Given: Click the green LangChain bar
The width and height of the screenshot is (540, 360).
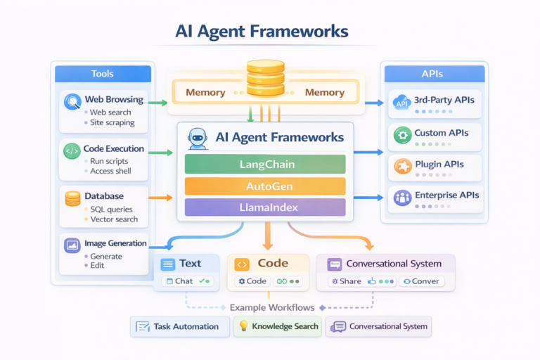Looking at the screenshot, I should point(265,164).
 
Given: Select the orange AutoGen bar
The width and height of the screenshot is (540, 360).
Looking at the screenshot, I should point(265,186).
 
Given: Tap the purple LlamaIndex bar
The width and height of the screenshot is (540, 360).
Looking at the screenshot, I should point(265,207).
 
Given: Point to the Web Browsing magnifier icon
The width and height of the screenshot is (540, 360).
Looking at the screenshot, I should point(72,102).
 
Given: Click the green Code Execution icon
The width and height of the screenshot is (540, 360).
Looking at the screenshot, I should point(72,150).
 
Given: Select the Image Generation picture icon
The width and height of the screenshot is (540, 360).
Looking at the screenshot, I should point(72,245).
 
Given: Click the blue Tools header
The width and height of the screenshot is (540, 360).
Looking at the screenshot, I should point(103,74).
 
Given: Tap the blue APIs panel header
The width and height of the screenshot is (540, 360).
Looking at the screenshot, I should point(432,74).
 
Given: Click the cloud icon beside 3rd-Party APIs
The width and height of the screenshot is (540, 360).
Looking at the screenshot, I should point(402,102).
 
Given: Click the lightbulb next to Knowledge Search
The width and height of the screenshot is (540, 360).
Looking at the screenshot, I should point(243,326).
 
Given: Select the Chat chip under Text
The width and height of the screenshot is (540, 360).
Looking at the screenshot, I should point(186,281).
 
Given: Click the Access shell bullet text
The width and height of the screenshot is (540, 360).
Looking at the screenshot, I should point(110,172).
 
